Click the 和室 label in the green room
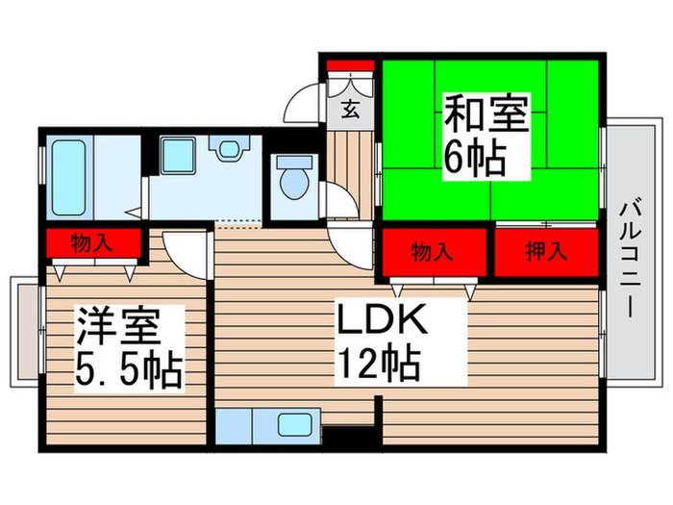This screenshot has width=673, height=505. pyautogui.click(x=486, y=116)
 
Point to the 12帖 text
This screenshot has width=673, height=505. pyautogui.click(x=377, y=365)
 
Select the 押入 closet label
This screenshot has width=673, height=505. pyautogui.click(x=545, y=253)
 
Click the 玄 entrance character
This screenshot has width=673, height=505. pyautogui.click(x=351, y=109)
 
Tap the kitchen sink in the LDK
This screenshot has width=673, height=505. pyautogui.click(x=292, y=423)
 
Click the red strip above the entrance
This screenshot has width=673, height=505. pyautogui.click(x=350, y=65)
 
